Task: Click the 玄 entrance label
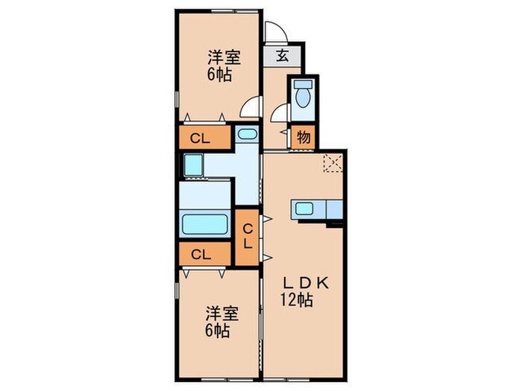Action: (283, 55)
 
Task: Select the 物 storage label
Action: (304, 137)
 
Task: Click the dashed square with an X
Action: (331, 162)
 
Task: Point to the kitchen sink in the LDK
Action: (306, 209)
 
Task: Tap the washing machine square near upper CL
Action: (192, 163)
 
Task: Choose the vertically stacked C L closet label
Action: (248, 236)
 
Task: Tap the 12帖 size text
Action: (297, 301)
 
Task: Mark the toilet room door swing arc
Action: (280, 113)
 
